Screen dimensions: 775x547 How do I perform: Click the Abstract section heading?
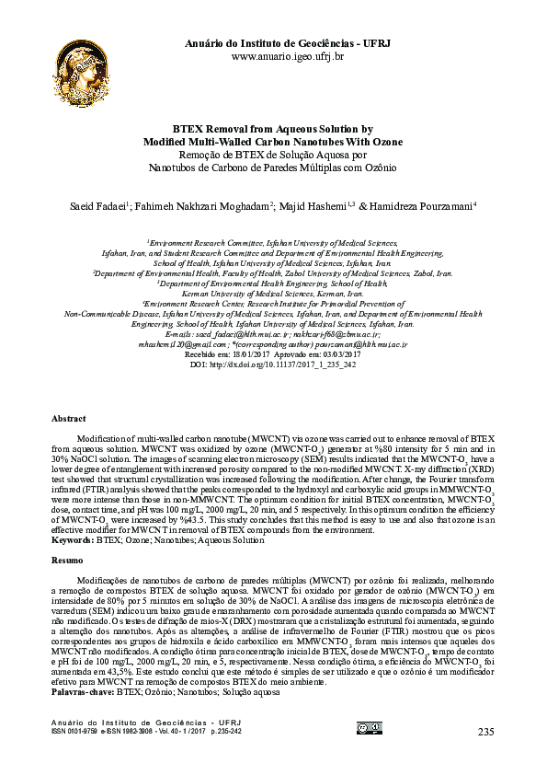tap(69, 418)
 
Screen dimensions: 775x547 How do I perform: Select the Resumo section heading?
tap(67, 560)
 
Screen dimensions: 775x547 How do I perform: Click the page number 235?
tap(486, 731)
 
